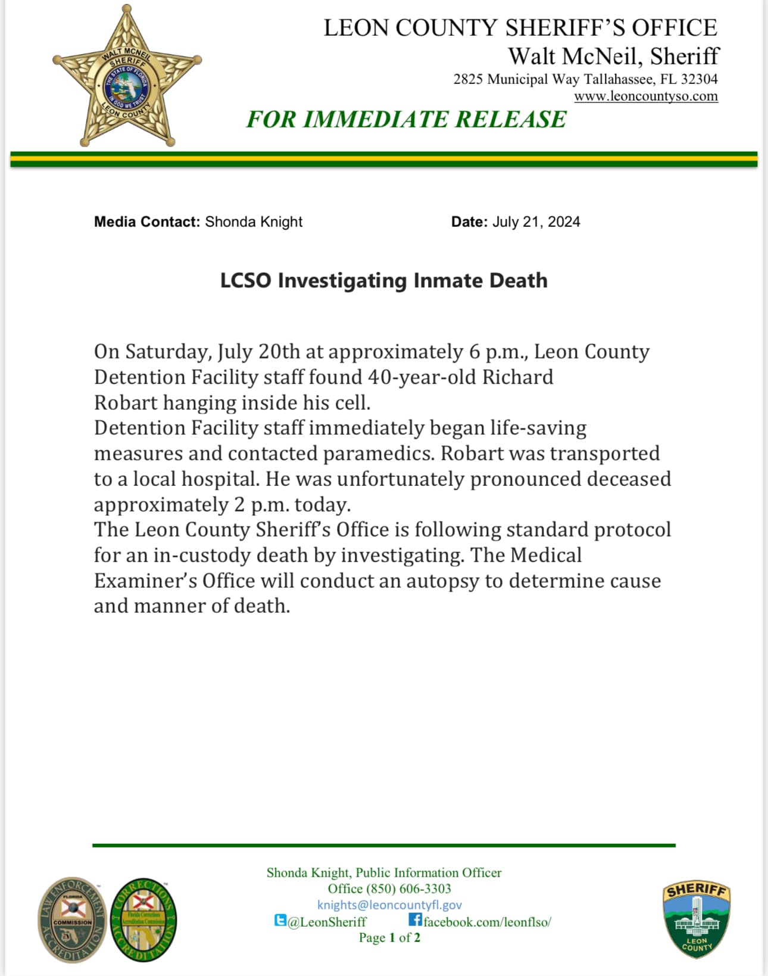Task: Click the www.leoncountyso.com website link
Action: pos(646,96)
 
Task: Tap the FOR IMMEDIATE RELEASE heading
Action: pos(406,120)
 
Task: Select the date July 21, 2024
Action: pos(536,222)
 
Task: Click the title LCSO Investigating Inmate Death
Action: pos(383,280)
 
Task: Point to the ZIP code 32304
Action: pos(699,79)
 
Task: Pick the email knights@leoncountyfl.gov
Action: pos(389,905)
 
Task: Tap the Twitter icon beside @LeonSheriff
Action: pos(280,921)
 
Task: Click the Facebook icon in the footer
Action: pos(415,920)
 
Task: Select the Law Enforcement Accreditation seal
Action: pos(72,919)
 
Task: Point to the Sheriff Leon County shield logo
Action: pos(696,919)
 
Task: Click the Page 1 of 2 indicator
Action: pos(389,938)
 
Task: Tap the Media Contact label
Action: pos(146,222)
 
